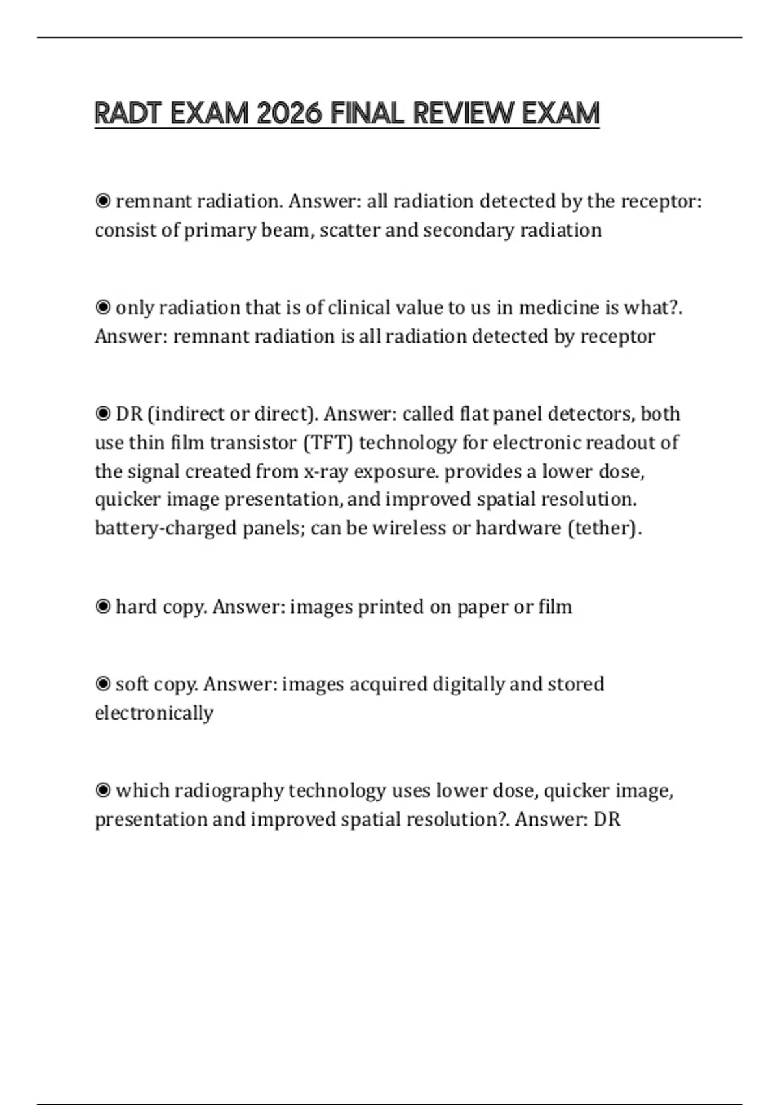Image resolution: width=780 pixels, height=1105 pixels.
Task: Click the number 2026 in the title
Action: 289,114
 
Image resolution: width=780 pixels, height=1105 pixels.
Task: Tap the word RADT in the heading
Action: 127,114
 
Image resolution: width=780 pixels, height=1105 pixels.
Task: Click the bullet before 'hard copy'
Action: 103,606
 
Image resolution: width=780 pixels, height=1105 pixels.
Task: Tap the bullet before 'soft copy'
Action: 103,684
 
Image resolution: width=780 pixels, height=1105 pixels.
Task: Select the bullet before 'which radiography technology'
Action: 103,790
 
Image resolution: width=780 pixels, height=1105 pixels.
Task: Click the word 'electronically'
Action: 154,713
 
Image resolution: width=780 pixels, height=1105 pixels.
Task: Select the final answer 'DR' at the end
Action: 607,819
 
